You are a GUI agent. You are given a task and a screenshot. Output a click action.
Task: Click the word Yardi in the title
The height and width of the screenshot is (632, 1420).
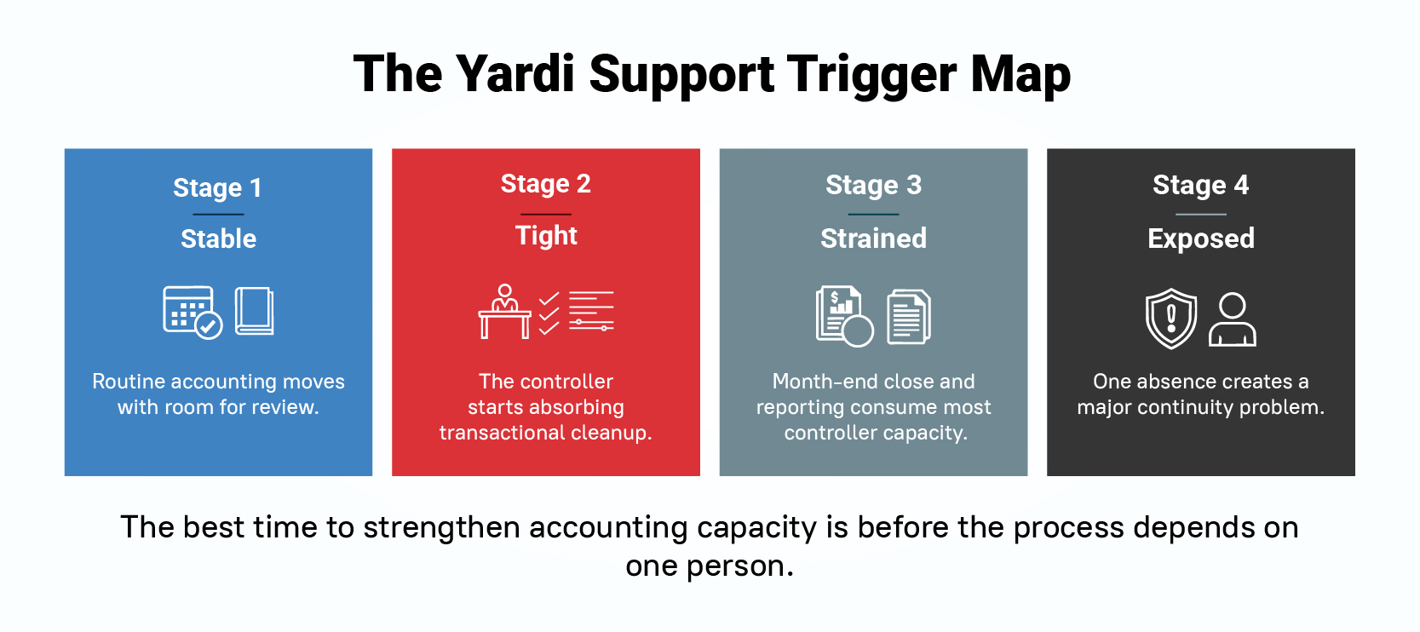coord(515,74)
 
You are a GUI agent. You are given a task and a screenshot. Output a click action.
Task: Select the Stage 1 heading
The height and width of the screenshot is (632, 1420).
coord(217,187)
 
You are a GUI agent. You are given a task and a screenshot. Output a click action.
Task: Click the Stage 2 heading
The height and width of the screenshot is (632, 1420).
coord(546,184)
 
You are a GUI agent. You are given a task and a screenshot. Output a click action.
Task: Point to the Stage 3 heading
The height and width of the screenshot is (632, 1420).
coord(874,185)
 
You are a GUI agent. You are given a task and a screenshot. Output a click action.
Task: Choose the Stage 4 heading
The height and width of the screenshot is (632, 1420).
coord(1201,185)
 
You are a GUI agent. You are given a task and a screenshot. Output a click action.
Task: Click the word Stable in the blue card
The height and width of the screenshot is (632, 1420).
coord(219,239)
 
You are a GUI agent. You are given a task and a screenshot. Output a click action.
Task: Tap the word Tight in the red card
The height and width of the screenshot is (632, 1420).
coord(546,236)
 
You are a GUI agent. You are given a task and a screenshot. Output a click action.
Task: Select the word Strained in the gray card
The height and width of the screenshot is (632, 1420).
coord(874,239)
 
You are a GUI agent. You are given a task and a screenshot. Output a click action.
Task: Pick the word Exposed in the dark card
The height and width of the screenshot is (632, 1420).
coord(1201,239)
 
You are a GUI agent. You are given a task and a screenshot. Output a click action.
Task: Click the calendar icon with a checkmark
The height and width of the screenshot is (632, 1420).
coord(192,312)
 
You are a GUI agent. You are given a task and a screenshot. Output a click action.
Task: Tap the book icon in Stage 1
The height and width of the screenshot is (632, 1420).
coord(254,311)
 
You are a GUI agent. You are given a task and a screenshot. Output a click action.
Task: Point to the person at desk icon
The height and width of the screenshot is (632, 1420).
coord(504,311)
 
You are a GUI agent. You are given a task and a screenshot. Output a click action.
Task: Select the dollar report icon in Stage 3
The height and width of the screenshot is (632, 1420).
coord(844,316)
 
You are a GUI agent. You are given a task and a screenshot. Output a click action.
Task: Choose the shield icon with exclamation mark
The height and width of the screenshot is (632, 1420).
coord(1171,319)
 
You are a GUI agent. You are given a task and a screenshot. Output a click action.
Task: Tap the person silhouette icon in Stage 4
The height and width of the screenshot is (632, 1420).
coord(1233,319)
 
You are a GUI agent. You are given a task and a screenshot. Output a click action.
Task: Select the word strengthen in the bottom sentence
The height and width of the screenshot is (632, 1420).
coord(442,527)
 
